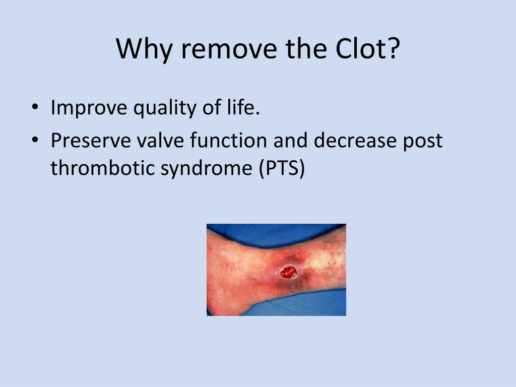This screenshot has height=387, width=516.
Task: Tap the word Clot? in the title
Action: tap(364, 49)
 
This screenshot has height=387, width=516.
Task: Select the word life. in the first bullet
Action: tap(242, 107)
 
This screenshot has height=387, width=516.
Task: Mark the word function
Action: tap(229, 141)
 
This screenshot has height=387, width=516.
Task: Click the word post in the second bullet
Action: tap(428, 141)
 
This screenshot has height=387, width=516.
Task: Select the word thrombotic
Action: tap(102, 168)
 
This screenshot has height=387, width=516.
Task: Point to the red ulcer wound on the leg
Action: tap(288, 273)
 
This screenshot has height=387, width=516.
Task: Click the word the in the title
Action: tap(302, 49)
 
